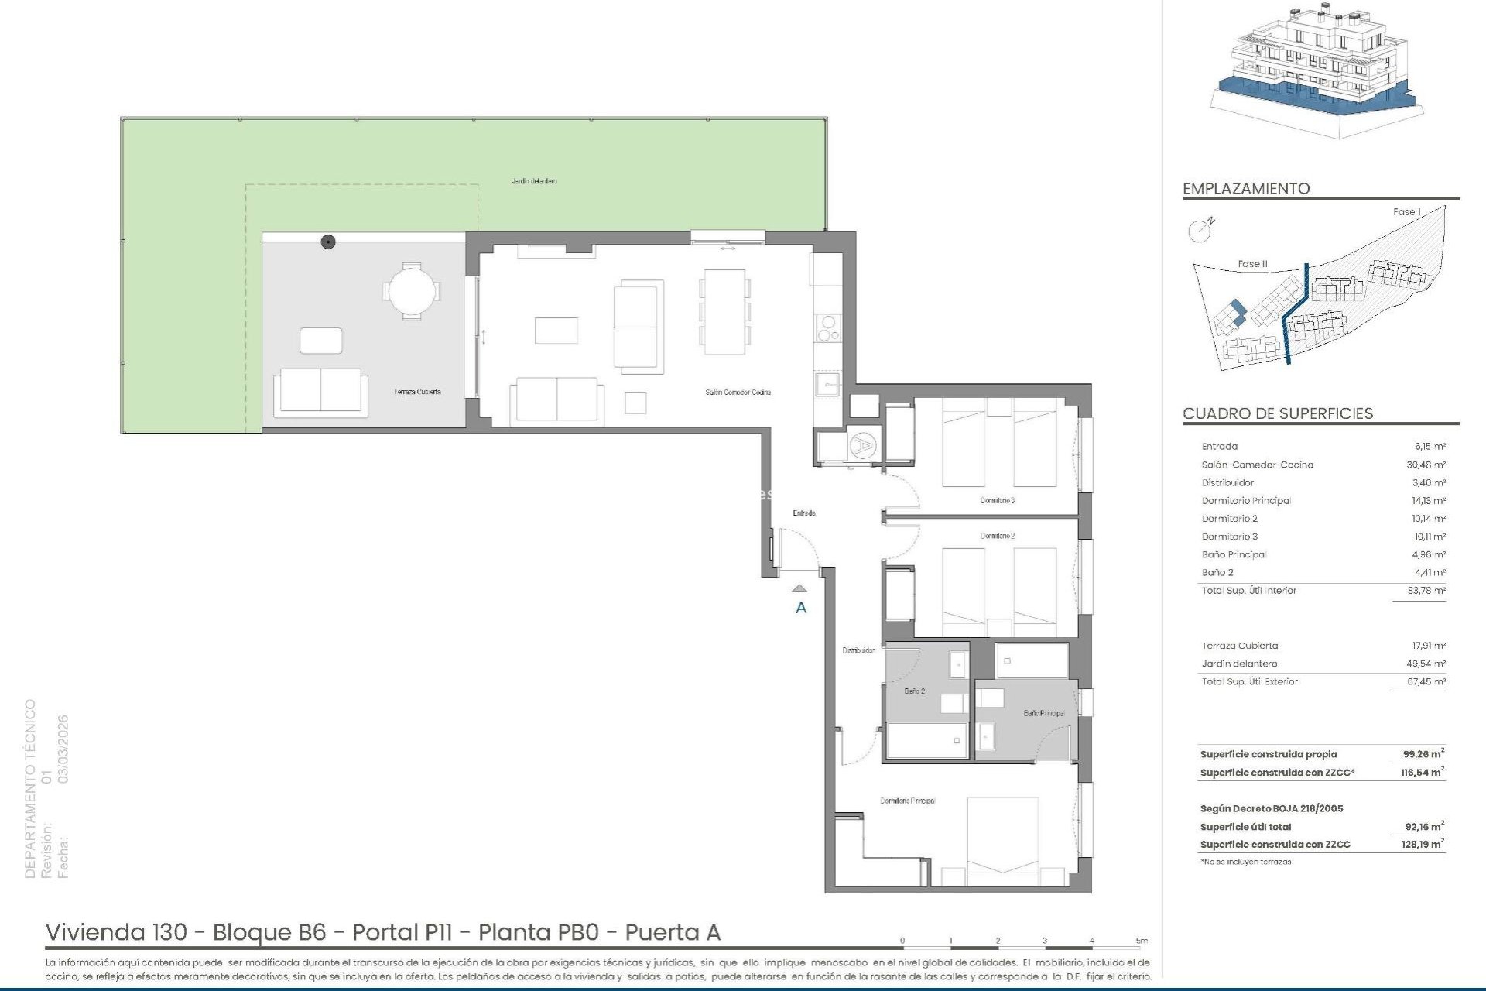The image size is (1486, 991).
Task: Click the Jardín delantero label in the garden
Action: click(x=534, y=181)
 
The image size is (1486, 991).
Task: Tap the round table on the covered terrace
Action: click(x=412, y=291)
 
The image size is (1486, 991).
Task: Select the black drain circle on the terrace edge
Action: click(x=328, y=242)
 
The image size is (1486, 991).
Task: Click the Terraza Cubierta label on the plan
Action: click(x=417, y=392)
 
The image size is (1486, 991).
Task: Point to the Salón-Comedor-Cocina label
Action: click(x=738, y=393)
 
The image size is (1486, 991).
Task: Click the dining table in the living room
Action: click(x=724, y=311)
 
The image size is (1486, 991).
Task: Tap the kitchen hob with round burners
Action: click(x=827, y=328)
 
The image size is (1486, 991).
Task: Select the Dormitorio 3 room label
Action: click(x=997, y=501)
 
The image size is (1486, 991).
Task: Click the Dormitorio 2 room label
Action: click(x=997, y=536)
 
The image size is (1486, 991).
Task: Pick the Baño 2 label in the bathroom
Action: click(x=914, y=691)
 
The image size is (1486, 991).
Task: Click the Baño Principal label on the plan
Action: click(x=1043, y=713)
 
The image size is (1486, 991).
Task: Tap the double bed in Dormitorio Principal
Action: click(x=1002, y=840)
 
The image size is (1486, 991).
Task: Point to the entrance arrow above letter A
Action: click(x=800, y=589)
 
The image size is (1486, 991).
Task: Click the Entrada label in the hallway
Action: click(x=803, y=513)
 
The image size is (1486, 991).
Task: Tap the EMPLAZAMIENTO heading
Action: click(x=1246, y=189)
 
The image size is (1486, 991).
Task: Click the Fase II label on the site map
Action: click(x=1252, y=264)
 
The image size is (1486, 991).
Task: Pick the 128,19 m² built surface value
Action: click(x=1423, y=845)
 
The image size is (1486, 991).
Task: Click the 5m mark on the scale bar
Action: click(x=1142, y=941)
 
